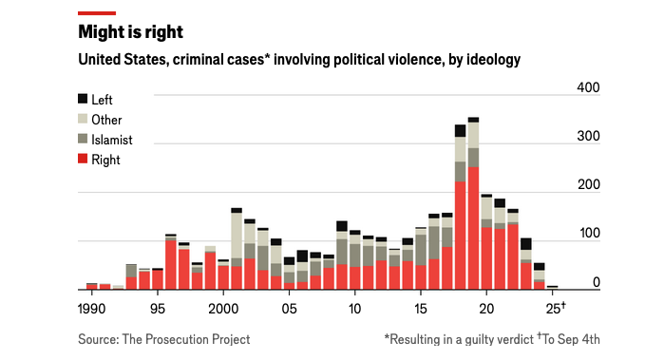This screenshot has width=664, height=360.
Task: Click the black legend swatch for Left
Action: coord(83,99)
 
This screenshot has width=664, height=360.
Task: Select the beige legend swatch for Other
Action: coord(83,119)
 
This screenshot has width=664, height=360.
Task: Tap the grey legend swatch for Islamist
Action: coord(83,140)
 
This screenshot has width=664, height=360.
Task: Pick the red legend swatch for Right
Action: coord(83,160)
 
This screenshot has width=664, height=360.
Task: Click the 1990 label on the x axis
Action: coord(92,310)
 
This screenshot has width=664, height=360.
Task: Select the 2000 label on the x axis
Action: coord(223,310)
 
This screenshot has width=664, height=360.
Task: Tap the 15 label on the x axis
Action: coord(421,310)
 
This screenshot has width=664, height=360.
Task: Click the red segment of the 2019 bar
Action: coord(473,228)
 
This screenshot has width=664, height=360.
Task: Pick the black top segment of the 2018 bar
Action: coord(460,131)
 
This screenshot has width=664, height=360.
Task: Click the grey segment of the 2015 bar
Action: coord(421,250)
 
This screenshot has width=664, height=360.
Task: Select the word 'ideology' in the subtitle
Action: coord(491,61)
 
